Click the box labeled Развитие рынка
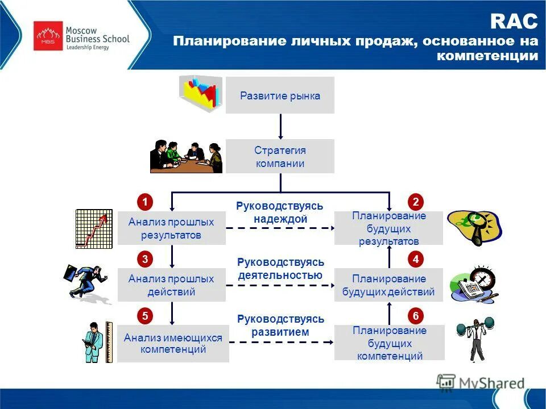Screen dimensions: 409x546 (x=280, y=95)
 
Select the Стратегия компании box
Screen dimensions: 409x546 (x=280, y=157)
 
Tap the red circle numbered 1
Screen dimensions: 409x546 (x=145, y=202)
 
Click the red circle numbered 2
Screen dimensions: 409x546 (x=416, y=202)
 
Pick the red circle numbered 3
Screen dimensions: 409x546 (x=145, y=260)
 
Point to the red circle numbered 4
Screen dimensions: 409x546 (x=416, y=260)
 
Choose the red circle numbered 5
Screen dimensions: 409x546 (x=145, y=316)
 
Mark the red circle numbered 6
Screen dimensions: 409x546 (x=416, y=316)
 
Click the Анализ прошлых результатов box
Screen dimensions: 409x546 (x=171, y=228)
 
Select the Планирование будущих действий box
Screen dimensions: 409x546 (x=388, y=285)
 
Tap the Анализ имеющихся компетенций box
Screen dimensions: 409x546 (x=173, y=344)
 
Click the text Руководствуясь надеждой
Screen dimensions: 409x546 (x=280, y=212)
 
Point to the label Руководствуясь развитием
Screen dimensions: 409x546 (x=280, y=325)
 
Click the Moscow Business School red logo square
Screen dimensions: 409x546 (x=48, y=36)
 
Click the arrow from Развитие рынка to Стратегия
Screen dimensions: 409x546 (x=280, y=126)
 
